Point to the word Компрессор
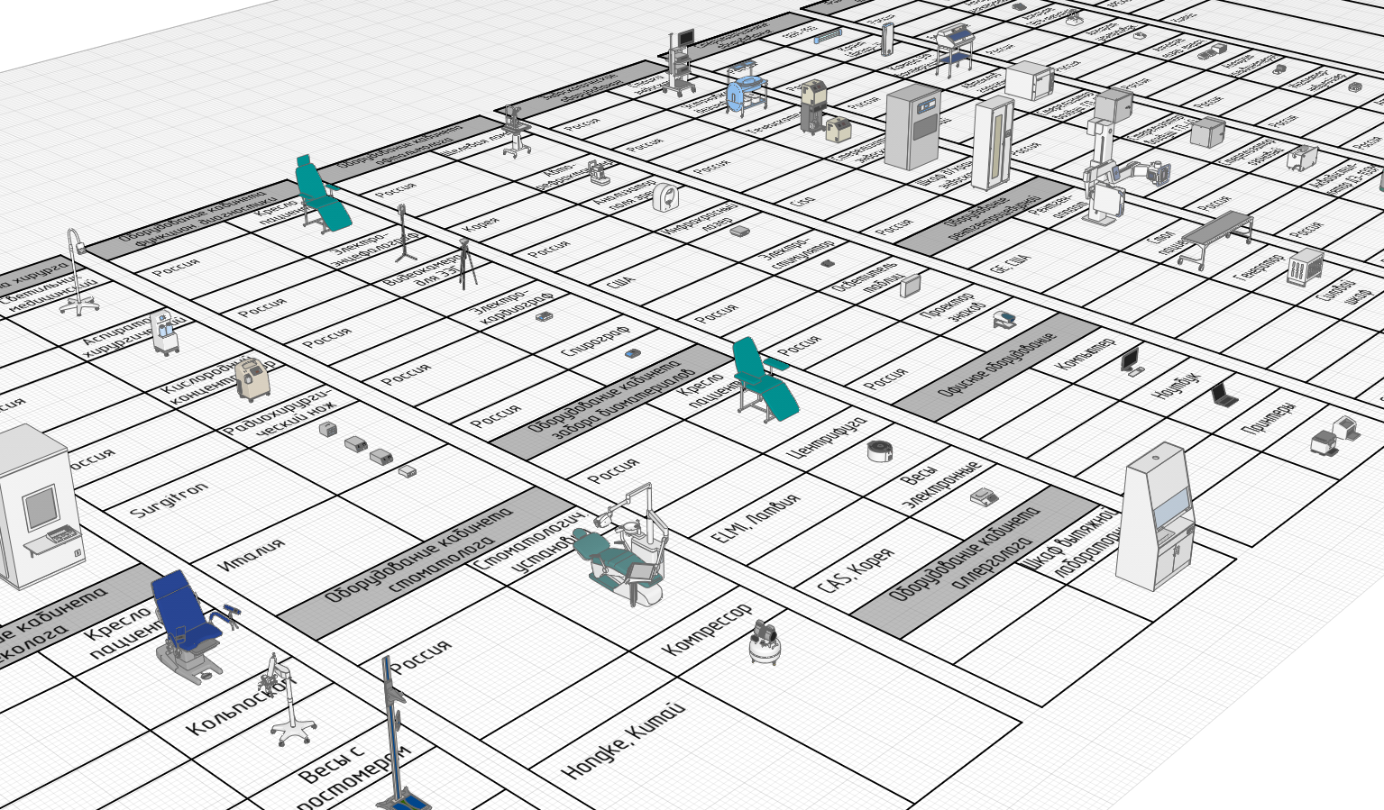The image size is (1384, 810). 707,630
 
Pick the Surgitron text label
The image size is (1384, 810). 169,499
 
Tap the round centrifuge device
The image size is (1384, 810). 879,451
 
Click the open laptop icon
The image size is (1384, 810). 1224,395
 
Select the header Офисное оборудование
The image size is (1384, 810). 995,366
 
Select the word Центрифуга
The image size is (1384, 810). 827,437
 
